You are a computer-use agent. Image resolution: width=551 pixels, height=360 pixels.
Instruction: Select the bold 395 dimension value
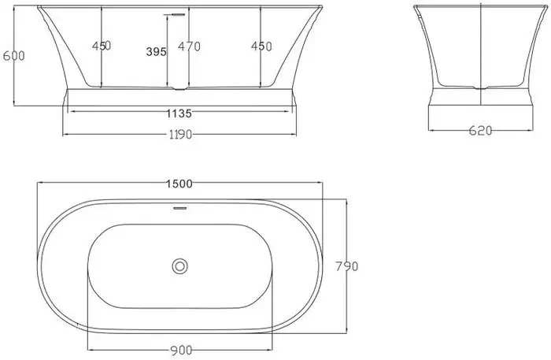[156, 52]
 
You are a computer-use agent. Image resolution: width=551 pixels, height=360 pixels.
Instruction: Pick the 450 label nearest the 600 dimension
[101, 46]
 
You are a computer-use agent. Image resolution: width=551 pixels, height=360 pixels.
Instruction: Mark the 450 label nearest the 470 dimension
[261, 46]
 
